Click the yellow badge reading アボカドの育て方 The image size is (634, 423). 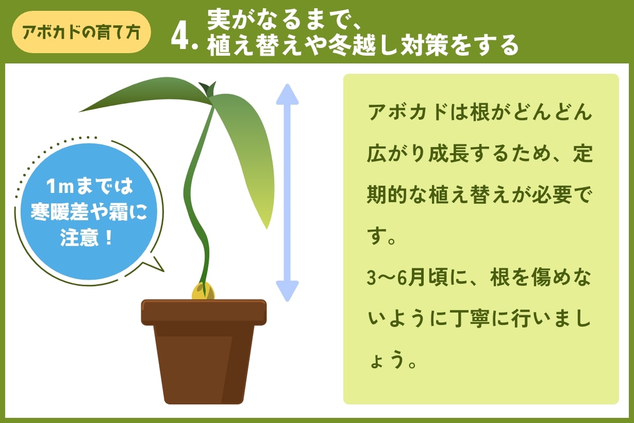[x=81, y=32]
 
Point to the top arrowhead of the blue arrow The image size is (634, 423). [x=287, y=94]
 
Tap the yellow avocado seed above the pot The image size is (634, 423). [x=203, y=292]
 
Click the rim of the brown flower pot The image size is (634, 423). [x=204, y=312]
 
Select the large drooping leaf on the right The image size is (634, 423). [x=247, y=150]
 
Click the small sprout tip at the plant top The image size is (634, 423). [x=208, y=88]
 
